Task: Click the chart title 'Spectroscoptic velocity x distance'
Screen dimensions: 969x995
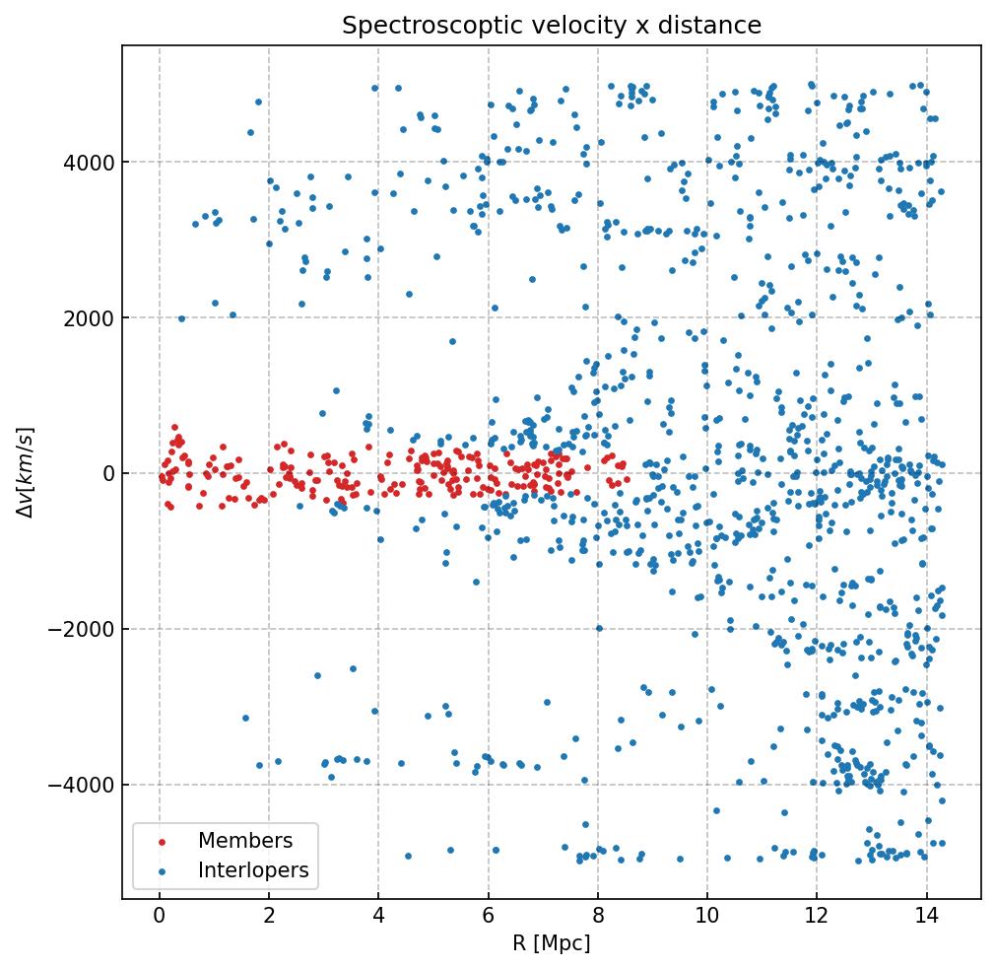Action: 552,26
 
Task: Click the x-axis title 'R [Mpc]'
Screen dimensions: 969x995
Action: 552,943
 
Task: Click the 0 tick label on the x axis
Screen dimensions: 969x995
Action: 159,917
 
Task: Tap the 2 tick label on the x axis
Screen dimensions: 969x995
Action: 269,917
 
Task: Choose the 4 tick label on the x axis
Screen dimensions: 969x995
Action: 378,917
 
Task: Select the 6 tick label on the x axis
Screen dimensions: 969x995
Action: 488,917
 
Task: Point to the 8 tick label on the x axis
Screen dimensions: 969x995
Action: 597,917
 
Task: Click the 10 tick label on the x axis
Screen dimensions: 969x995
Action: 706,917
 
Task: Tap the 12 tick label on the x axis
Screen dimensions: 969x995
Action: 817,917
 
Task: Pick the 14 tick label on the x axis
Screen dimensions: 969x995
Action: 926,917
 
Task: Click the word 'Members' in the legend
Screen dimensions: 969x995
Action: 245,841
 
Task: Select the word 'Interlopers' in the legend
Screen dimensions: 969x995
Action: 253,870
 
